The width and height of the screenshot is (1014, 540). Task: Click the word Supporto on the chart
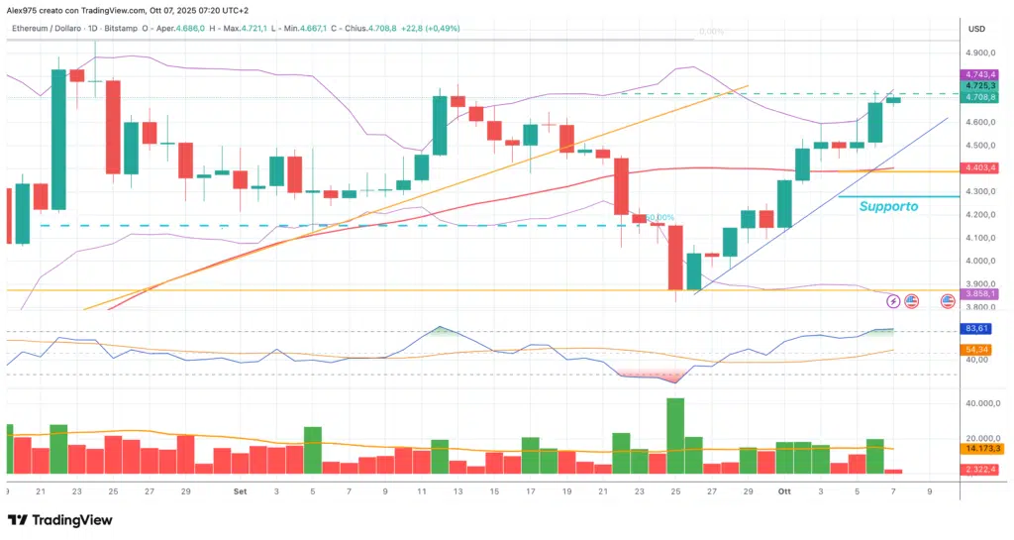(x=887, y=207)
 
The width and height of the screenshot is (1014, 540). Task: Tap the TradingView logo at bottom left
(x=59, y=520)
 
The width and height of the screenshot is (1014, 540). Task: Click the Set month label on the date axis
(x=241, y=490)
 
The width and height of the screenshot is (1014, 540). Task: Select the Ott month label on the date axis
(x=783, y=490)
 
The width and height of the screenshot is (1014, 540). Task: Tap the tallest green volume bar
(x=675, y=436)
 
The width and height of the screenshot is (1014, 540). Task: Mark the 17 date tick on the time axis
(x=531, y=490)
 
